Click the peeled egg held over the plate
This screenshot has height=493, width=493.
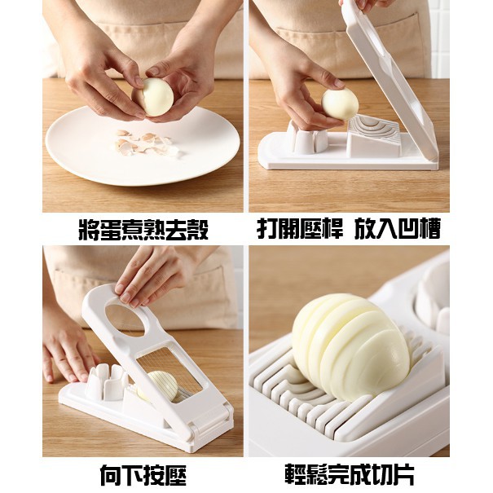point(154,97)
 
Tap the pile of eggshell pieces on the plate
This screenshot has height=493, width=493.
point(145,144)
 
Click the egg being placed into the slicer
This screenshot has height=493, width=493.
point(340,103)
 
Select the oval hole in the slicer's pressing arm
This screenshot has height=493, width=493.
point(125,320)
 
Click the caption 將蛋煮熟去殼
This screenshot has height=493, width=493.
point(143,230)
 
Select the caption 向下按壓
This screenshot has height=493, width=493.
point(143,475)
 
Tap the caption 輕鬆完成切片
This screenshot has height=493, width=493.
point(350,475)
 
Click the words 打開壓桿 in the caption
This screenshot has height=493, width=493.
point(300,229)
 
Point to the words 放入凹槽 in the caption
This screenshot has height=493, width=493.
point(398,229)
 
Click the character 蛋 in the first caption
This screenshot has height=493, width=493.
point(111,230)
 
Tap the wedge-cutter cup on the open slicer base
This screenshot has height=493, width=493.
point(303,139)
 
